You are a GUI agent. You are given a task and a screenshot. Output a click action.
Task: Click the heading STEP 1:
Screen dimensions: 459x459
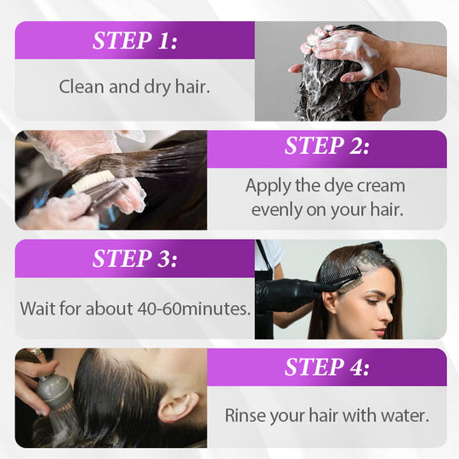[135, 41]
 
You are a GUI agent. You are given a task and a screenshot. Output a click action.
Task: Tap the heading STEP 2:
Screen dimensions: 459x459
[327, 145]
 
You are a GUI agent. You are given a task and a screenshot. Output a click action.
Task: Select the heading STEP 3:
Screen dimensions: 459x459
[135, 258]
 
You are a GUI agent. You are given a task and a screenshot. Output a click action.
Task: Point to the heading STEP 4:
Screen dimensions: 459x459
[327, 367]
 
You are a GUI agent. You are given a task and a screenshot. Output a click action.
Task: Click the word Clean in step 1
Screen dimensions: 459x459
[82, 87]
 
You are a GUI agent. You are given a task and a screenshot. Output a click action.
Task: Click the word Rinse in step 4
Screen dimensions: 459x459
[245, 416]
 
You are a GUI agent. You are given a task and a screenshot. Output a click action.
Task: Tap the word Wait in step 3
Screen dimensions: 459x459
[37, 309]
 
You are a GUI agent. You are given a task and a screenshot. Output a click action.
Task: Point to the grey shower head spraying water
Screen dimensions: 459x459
[54, 391]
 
